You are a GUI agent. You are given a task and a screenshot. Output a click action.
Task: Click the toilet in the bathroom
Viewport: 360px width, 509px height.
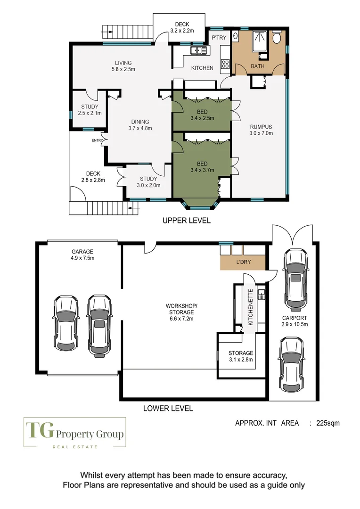tap(278, 36)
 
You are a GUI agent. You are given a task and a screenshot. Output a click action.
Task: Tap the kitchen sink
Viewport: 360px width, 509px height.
tap(197, 49)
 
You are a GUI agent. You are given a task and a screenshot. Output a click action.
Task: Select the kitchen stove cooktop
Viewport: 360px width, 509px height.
tap(225, 63)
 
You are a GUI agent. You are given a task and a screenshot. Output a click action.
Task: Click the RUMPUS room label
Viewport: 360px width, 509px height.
tap(261, 126)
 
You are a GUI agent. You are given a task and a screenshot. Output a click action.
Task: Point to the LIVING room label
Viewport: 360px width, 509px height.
tap(123, 63)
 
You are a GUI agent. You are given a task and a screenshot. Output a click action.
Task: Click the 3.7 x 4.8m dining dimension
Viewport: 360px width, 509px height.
tap(140, 128)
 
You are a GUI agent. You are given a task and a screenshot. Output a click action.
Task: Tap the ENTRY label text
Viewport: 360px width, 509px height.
tap(98, 140)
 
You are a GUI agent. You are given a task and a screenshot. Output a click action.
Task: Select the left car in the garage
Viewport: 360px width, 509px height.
tap(66, 323)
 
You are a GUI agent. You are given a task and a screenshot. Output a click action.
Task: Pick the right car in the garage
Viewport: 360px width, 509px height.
tap(99, 324)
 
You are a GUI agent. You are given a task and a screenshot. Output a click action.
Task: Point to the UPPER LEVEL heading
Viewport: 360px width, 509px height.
tap(186, 221)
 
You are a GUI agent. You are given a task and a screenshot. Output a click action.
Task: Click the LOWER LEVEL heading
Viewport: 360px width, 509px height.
tap(168, 408)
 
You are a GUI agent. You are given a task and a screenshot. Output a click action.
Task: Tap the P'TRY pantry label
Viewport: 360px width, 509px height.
tap(219, 38)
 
